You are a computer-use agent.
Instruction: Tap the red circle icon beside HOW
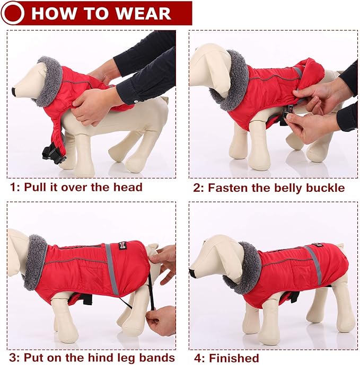coord(13,13)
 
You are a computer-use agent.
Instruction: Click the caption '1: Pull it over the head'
coord(76,187)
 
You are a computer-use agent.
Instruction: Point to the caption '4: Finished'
coord(226,358)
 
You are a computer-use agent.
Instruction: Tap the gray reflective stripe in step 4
coord(313,264)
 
